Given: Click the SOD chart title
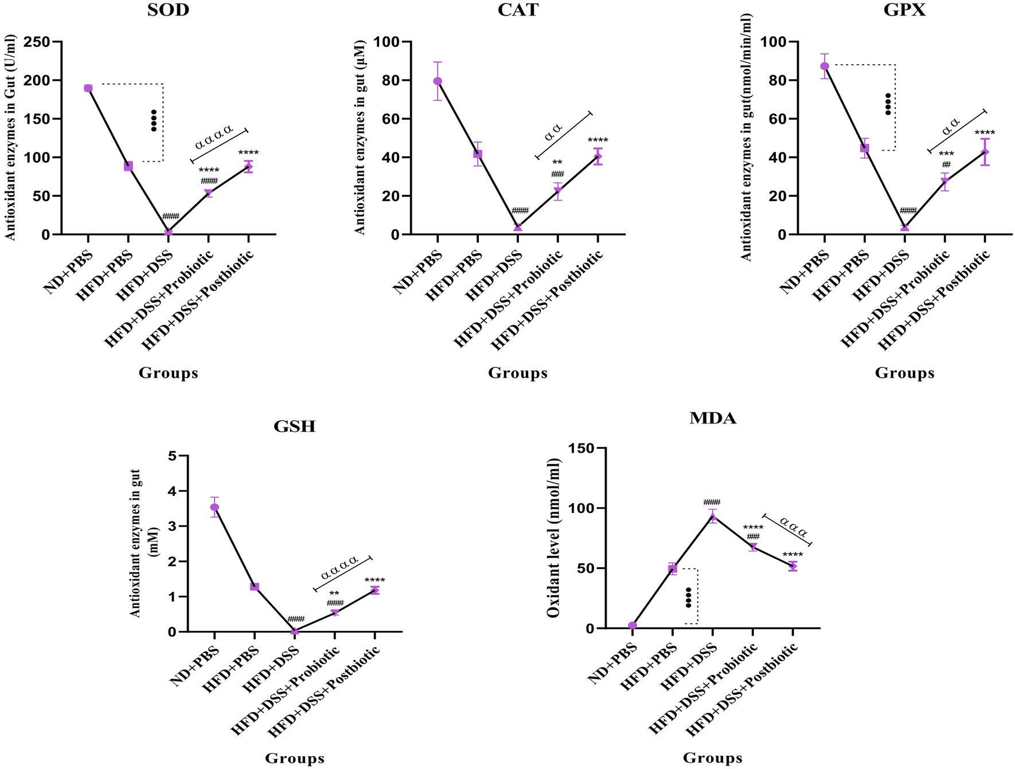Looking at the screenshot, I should click(168, 11).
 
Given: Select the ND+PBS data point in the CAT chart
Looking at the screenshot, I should click(438, 81).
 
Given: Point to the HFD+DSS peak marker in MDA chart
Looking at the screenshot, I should click(713, 517).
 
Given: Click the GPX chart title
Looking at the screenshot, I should click(904, 11).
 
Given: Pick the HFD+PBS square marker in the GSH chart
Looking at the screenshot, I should click(255, 587).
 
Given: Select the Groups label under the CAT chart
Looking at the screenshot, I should click(517, 373).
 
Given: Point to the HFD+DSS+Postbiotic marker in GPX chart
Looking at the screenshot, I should click(985, 152).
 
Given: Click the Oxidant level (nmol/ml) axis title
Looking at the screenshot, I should click(553, 538).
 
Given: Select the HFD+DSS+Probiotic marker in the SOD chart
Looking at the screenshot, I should click(209, 193).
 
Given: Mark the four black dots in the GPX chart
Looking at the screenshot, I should click(888, 104).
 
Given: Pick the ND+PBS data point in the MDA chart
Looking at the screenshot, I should click(633, 626).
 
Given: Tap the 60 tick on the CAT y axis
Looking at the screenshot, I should click(392, 119).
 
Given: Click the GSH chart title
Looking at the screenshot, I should click(294, 426).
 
